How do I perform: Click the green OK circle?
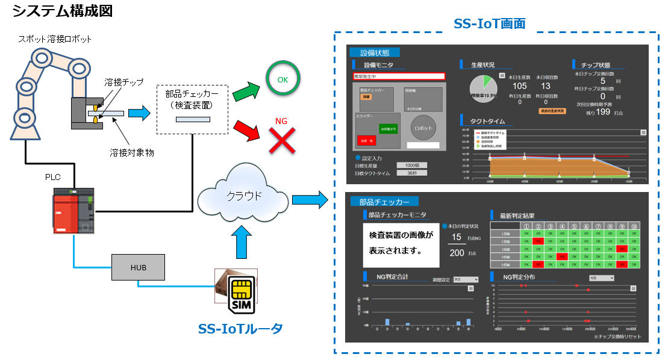point(282,79)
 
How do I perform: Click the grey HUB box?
point(139,266)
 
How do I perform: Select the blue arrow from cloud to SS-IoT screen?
point(308,199)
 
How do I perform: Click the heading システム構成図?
point(62,10)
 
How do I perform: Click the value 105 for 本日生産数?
point(519,85)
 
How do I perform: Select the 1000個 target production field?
point(412,165)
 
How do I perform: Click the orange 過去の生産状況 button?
point(552,111)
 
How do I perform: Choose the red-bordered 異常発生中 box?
point(399,76)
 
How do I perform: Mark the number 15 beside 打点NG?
point(457,237)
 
